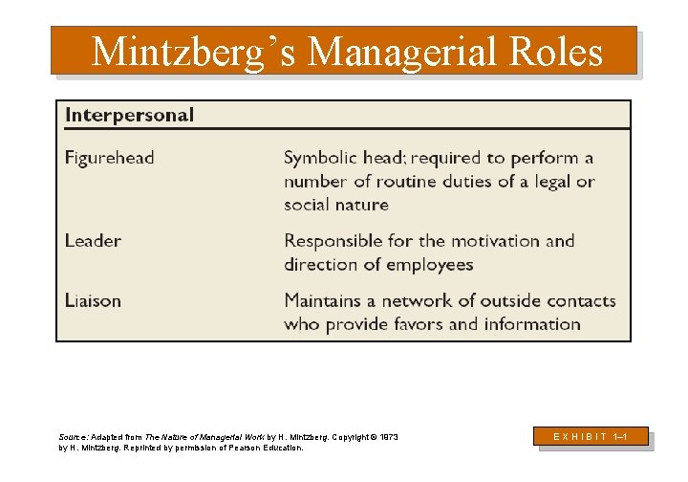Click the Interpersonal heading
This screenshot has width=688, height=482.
(129, 116)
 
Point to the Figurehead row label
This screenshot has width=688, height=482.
(109, 158)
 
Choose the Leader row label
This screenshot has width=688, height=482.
(93, 241)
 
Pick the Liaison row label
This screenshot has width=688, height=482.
(93, 300)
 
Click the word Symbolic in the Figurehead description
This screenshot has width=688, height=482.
(320, 158)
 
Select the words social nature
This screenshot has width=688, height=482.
(336, 205)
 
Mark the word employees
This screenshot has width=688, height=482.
(429, 264)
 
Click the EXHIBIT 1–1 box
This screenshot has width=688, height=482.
(592, 436)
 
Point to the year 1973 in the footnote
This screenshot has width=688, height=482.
(387, 437)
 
